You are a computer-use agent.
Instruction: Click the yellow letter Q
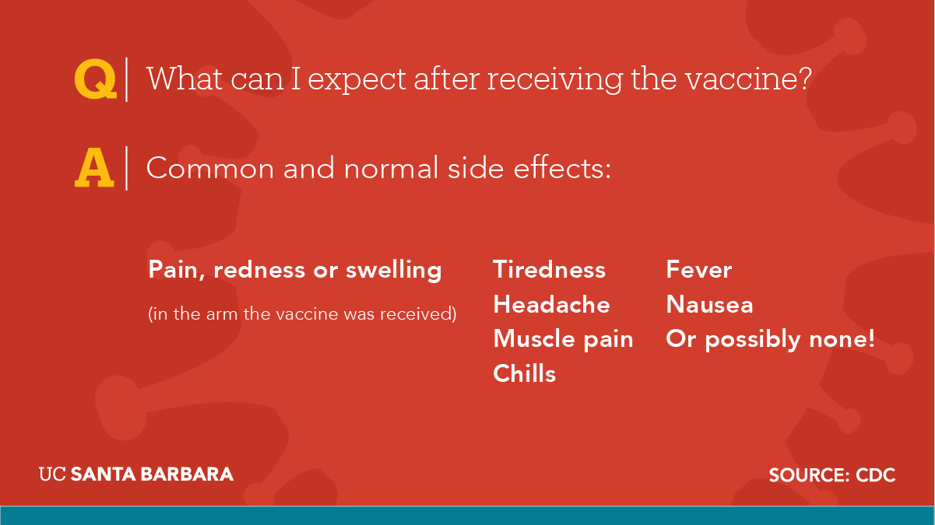[95, 79]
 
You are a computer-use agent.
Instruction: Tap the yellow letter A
[94, 168]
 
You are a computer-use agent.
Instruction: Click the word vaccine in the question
[742, 79]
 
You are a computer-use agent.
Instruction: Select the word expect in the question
[357, 80]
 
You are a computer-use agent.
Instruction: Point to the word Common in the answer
[210, 168]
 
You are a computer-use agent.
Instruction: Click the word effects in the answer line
[562, 168]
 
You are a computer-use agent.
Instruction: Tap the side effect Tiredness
[550, 269]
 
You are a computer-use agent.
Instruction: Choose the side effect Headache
[551, 304]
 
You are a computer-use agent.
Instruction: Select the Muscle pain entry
[563, 339]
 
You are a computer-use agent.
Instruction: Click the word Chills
[524, 373]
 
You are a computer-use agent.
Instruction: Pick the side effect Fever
[699, 269]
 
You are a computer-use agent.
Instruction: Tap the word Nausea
[709, 304]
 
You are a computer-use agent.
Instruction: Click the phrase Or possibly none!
[770, 339]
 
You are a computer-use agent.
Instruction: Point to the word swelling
[394, 270]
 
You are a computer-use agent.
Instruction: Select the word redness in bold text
[259, 270]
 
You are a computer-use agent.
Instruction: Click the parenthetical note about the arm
[302, 314]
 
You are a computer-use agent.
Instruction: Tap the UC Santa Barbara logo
[136, 474]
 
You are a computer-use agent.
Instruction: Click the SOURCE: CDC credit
[832, 475]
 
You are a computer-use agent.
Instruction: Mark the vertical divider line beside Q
[126, 79]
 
